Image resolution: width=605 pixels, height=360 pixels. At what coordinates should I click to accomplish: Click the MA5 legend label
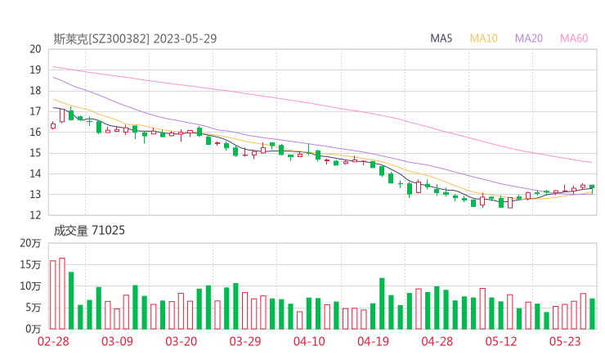pyautogui.click(x=441, y=38)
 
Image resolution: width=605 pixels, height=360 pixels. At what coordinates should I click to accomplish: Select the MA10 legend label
pyautogui.click(x=484, y=38)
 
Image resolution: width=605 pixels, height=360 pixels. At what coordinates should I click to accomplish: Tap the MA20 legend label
pyautogui.click(x=529, y=38)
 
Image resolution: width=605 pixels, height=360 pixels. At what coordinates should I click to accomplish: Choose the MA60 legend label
pyautogui.click(x=574, y=38)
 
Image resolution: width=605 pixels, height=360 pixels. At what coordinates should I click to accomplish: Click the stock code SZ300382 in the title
pyautogui.click(x=118, y=38)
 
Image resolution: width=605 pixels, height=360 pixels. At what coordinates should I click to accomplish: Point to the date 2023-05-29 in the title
pyautogui.click(x=185, y=38)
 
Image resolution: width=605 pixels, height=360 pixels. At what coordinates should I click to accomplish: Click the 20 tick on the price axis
pyautogui.click(x=34, y=49)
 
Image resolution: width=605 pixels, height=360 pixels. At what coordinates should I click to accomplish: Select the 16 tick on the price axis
pyautogui.click(x=34, y=132)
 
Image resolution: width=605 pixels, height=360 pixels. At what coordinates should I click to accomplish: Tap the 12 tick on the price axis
pyautogui.click(x=34, y=215)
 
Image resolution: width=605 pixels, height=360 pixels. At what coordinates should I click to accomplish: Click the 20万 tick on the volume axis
pyautogui.click(x=31, y=244)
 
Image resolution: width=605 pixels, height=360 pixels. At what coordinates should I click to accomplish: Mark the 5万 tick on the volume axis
pyautogui.click(x=34, y=308)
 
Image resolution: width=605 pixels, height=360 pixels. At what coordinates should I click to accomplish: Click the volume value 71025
pyautogui.click(x=108, y=231)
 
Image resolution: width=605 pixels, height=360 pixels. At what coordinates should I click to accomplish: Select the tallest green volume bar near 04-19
pyautogui.click(x=382, y=304)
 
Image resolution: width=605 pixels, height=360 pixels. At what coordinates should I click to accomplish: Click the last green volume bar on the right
pyautogui.click(x=592, y=313)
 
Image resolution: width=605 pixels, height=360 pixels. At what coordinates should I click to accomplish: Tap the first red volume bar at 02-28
pyautogui.click(x=53, y=295)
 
